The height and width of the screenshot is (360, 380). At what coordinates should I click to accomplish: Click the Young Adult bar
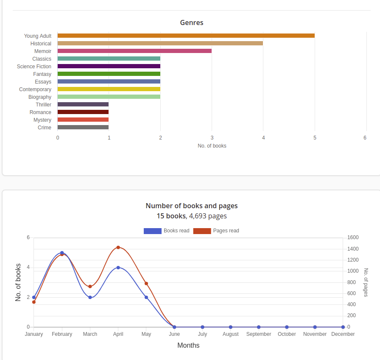click(186, 36)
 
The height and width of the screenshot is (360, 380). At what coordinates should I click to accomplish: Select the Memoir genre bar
click(134, 51)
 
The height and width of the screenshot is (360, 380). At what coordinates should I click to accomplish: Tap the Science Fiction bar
click(109, 66)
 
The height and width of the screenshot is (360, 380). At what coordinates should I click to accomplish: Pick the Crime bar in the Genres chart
click(83, 127)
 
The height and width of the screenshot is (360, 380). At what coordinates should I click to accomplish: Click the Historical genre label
click(41, 44)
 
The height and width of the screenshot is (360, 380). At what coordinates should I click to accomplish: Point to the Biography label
click(40, 97)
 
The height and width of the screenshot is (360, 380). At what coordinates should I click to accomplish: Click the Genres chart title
click(192, 23)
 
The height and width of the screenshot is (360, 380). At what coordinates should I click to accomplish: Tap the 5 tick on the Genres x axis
click(315, 138)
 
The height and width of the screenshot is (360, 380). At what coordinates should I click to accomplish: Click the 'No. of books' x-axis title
click(212, 146)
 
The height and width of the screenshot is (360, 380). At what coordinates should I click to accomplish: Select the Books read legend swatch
click(153, 231)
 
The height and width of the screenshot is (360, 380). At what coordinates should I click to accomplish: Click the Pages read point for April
click(118, 247)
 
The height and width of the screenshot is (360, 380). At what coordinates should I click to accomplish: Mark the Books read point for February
click(62, 253)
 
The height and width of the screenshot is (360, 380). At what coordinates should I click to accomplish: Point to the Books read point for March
click(90, 297)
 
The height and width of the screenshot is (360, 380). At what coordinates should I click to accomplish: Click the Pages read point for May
click(146, 283)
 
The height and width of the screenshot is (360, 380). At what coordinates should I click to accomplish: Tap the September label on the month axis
click(259, 334)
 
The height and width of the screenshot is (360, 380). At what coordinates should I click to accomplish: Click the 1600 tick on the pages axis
click(353, 237)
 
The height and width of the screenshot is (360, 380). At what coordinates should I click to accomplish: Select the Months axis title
click(188, 345)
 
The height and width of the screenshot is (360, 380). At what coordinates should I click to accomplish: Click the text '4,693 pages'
click(208, 216)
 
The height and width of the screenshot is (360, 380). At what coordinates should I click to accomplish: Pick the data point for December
click(343, 327)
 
